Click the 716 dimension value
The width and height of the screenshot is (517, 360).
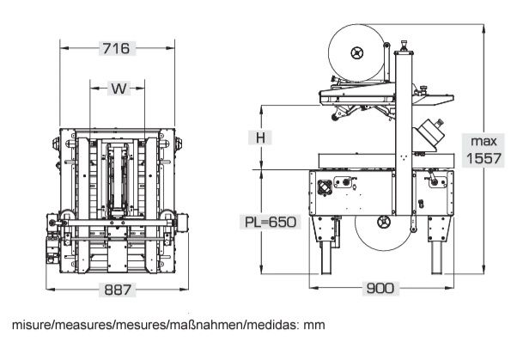pos(117,48)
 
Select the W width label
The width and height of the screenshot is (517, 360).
pos(119,88)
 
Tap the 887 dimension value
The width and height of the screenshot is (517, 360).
pos(118,290)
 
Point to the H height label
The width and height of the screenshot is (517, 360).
pos(260,137)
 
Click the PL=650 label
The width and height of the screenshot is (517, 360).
pos(271,222)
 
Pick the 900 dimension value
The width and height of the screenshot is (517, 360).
pos(380,288)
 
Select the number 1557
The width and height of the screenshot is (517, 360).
pos(484,159)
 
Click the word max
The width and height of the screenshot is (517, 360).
pos(484,142)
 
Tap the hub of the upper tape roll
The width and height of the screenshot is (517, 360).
pos(356,52)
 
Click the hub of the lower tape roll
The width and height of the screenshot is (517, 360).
pos(384,222)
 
